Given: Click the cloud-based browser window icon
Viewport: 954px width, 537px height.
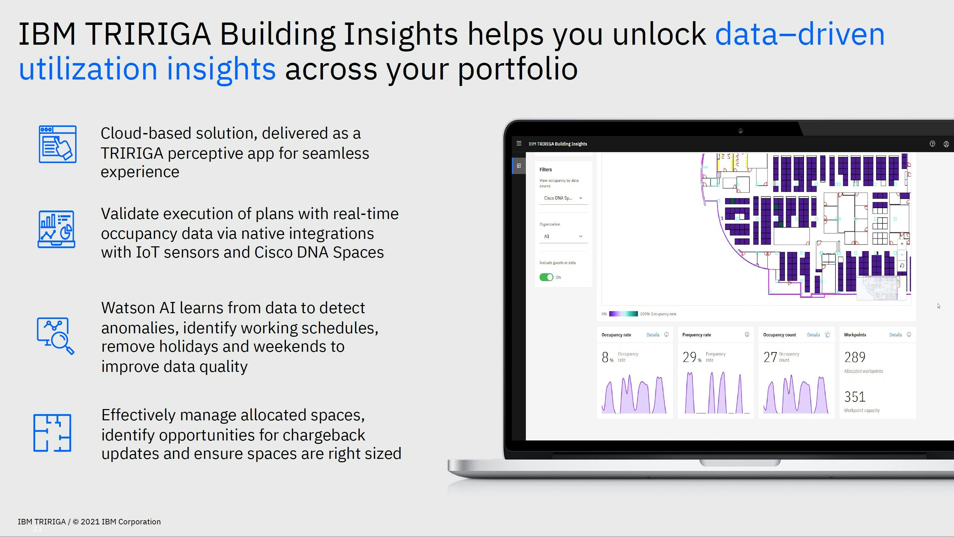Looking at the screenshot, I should pyautogui.click(x=57, y=144).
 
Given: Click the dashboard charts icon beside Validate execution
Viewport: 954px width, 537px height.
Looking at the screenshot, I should pyautogui.click(x=56, y=229).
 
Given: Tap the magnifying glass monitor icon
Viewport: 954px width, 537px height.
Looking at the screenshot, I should pyautogui.click(x=56, y=336).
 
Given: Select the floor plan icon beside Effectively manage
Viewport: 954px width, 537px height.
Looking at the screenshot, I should pyautogui.click(x=52, y=433).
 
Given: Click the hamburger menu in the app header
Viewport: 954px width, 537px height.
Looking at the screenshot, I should pyautogui.click(x=519, y=144).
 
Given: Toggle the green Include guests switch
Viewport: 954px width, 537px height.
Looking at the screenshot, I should pyautogui.click(x=546, y=277).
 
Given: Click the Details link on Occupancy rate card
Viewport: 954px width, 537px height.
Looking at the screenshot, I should pyautogui.click(x=653, y=335).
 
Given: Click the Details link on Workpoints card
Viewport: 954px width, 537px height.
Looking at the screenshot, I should pyautogui.click(x=895, y=335).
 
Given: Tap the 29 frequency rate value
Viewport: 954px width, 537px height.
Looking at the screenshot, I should pyautogui.click(x=689, y=357).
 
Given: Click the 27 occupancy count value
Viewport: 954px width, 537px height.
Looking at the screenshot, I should pyautogui.click(x=770, y=357).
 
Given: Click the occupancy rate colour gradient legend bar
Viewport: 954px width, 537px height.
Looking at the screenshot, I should pyautogui.click(x=623, y=314).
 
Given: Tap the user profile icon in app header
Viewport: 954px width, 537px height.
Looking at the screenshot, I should pyautogui.click(x=946, y=144).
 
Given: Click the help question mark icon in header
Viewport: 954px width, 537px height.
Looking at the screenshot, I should pyautogui.click(x=932, y=144).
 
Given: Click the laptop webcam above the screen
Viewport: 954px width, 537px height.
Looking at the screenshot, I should pyautogui.click(x=740, y=131).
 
